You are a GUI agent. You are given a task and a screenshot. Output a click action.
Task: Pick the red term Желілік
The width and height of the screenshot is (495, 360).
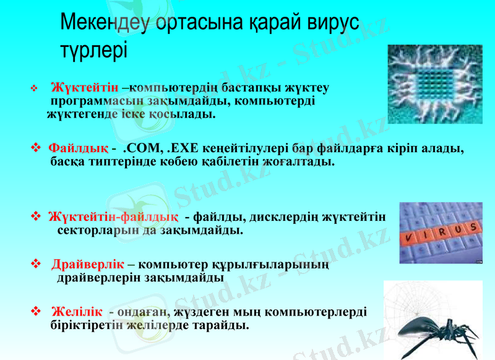tap(77, 311)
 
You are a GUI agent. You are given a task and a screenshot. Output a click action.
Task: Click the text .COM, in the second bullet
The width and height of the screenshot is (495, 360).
tap(142, 148)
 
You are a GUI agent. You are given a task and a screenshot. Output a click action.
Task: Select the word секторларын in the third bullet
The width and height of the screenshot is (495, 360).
tap(93, 231)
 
